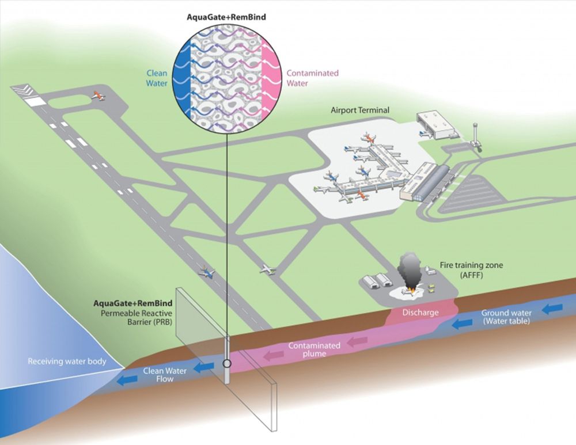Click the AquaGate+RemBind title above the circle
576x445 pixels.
pyautogui.click(x=226, y=17)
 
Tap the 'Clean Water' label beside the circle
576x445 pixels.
pyautogui.click(x=157, y=78)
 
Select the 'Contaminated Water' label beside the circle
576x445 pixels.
pyautogui.click(x=312, y=78)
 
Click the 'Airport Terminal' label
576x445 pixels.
pyautogui.click(x=360, y=110)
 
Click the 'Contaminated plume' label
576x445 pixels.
pyautogui.click(x=314, y=349)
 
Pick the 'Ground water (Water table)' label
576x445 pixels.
pyautogui.click(x=506, y=317)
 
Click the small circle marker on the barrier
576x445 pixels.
pyautogui.click(x=228, y=364)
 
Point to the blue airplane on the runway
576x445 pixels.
pyautogui.click(x=206, y=272)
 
